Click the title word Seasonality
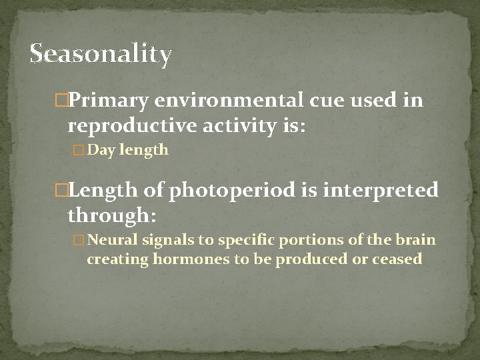(x=101, y=53)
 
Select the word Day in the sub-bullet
(x=101, y=151)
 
